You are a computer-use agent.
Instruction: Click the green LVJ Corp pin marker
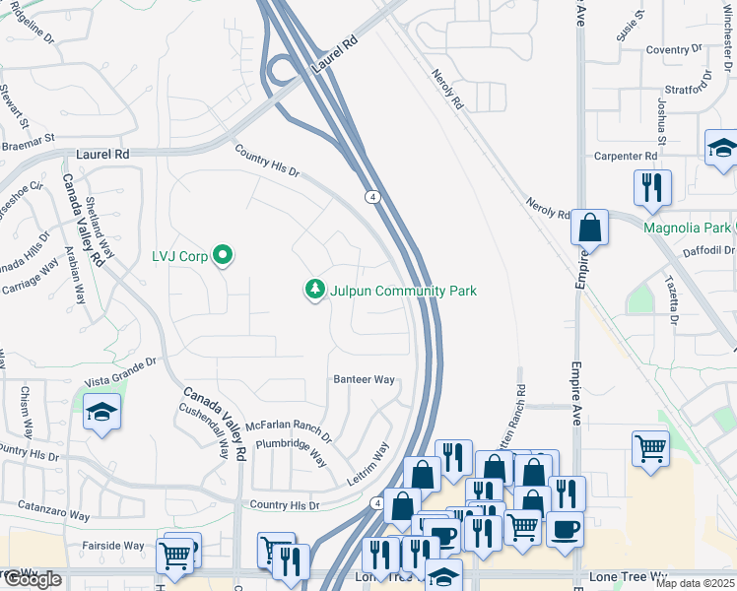(223, 256)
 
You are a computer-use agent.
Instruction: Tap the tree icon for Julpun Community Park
(314, 291)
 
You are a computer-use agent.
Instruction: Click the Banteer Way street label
(364, 379)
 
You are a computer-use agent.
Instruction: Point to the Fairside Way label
(112, 545)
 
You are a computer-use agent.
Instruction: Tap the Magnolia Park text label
(687, 228)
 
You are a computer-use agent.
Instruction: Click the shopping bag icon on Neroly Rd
(589, 228)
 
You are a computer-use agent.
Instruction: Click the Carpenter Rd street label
(625, 157)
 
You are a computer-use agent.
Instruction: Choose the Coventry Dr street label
(673, 49)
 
